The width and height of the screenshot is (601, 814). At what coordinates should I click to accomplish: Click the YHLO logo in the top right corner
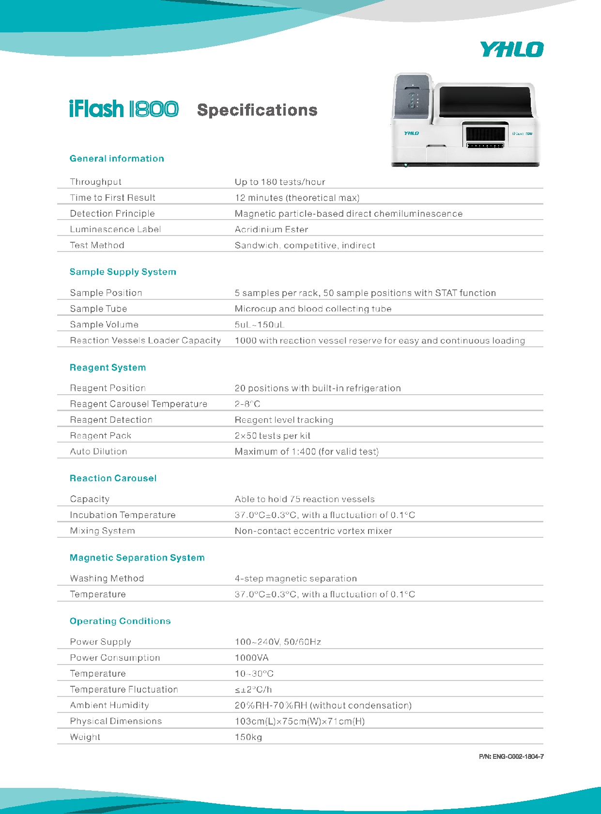511,49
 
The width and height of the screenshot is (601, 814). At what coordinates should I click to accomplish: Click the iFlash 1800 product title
124,109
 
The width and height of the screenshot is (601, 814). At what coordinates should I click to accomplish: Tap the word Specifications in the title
257,110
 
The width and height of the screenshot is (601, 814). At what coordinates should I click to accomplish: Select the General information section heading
117,159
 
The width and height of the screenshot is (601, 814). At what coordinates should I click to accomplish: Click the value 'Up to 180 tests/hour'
280,182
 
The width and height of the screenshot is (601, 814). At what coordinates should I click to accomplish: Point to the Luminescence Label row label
115,229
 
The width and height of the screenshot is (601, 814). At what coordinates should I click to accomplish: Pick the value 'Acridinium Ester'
271,229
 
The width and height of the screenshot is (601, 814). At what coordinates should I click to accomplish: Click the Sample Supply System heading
123,272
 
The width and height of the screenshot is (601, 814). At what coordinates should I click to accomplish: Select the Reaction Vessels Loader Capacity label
145,340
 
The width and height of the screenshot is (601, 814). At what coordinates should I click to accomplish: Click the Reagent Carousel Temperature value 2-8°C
247,404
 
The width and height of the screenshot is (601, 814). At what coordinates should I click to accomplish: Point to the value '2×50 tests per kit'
273,436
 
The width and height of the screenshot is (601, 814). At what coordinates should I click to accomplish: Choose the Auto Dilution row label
98,451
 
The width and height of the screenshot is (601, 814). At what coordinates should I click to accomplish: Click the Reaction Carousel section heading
113,478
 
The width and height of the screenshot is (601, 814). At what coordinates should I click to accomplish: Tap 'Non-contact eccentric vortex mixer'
313,531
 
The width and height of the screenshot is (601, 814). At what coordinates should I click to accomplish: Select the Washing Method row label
107,578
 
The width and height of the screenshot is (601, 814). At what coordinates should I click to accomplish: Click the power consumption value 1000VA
252,658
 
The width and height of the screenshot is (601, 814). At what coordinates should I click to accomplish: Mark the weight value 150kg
248,737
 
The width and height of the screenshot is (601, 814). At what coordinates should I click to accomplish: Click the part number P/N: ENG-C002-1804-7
511,756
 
